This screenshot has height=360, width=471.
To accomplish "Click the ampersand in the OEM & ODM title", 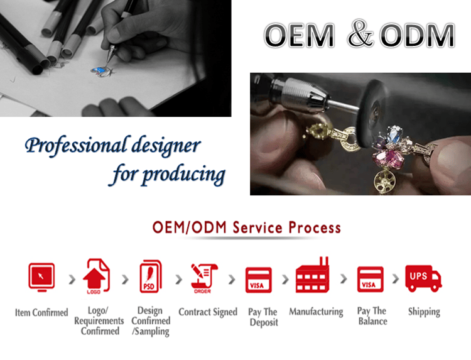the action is click(x=360, y=34).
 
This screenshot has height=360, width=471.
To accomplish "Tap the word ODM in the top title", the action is click(x=418, y=35).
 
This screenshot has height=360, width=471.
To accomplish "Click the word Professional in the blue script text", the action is click(x=76, y=145).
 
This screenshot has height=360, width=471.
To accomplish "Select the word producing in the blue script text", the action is click(x=184, y=175).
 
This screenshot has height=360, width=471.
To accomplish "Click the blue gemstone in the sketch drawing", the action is click(x=99, y=70).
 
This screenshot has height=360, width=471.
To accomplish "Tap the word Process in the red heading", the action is click(x=315, y=227).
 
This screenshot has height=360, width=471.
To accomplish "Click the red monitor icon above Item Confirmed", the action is click(x=41, y=277).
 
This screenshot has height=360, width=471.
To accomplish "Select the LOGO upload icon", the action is click(x=96, y=276).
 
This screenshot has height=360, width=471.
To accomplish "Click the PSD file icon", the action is click(x=151, y=276).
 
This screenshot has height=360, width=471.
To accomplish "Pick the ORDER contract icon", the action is click(x=203, y=278).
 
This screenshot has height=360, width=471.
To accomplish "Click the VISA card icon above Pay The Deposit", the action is click(x=259, y=280).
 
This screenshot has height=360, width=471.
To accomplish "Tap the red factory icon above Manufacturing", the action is click(x=313, y=275).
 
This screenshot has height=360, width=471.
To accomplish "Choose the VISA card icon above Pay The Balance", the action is click(x=370, y=279).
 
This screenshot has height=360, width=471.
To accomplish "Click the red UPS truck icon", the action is click(x=423, y=278).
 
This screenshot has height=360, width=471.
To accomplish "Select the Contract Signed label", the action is click(x=208, y=312).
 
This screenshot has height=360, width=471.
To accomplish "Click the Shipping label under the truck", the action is click(x=424, y=312).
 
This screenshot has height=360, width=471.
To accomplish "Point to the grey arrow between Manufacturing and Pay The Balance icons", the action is click(x=344, y=279).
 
